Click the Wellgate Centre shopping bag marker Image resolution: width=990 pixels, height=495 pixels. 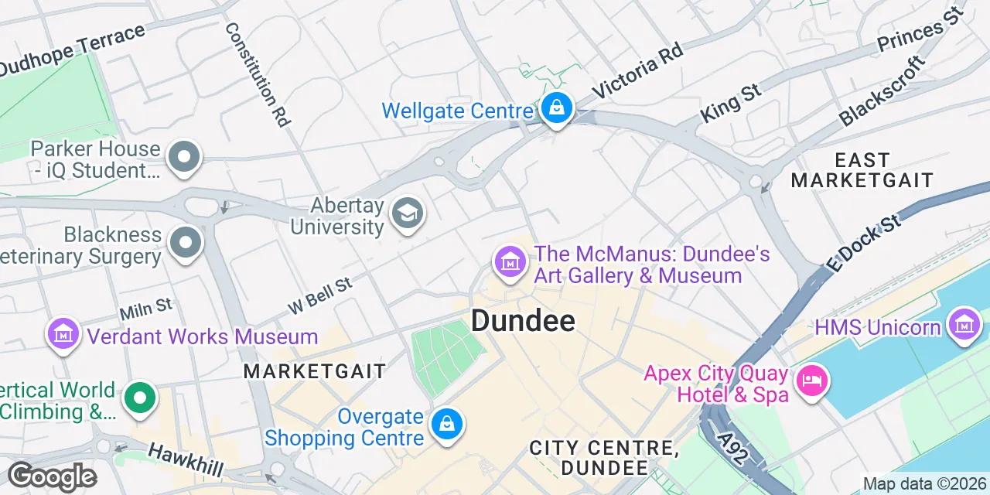pos(556,109)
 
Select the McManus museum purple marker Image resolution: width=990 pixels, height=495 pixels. pos(510,262)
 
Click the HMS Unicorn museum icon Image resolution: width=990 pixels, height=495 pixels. pos(964,324)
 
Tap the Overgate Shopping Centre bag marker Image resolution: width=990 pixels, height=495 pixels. pos(447,425)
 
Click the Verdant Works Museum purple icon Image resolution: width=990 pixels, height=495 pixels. pos(64,334)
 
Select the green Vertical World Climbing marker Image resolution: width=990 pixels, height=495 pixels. pos(140,399)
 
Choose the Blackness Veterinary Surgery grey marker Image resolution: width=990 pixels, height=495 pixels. pos(184,242)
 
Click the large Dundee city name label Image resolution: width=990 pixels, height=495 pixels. pos(523,320)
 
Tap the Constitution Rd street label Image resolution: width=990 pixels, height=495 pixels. pos(258,74)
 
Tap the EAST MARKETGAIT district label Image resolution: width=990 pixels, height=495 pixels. pos(862,170)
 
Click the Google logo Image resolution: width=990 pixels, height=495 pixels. pos(52,476)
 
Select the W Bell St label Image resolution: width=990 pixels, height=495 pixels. pos(319,295)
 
